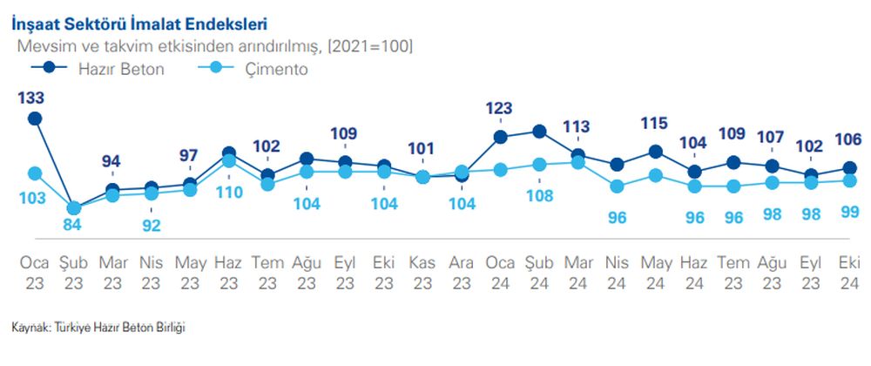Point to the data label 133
pos(33,98)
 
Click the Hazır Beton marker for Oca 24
pos(500,137)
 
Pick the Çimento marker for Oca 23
pos(35,173)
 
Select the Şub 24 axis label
pos(538,271)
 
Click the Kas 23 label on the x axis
pos(422,271)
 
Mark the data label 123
pos(500,109)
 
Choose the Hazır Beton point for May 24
pos(656,152)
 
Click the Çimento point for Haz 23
pos(229,160)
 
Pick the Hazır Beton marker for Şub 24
pos(539,132)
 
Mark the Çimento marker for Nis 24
pos(617,186)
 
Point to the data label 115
pos(656,125)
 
